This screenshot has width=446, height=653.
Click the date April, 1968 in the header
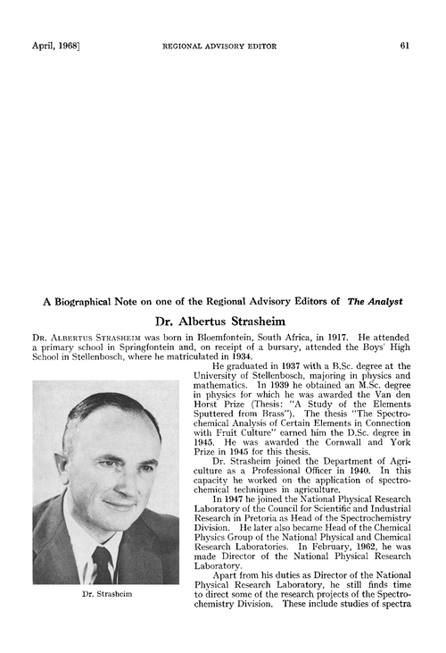tap(44, 46)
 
